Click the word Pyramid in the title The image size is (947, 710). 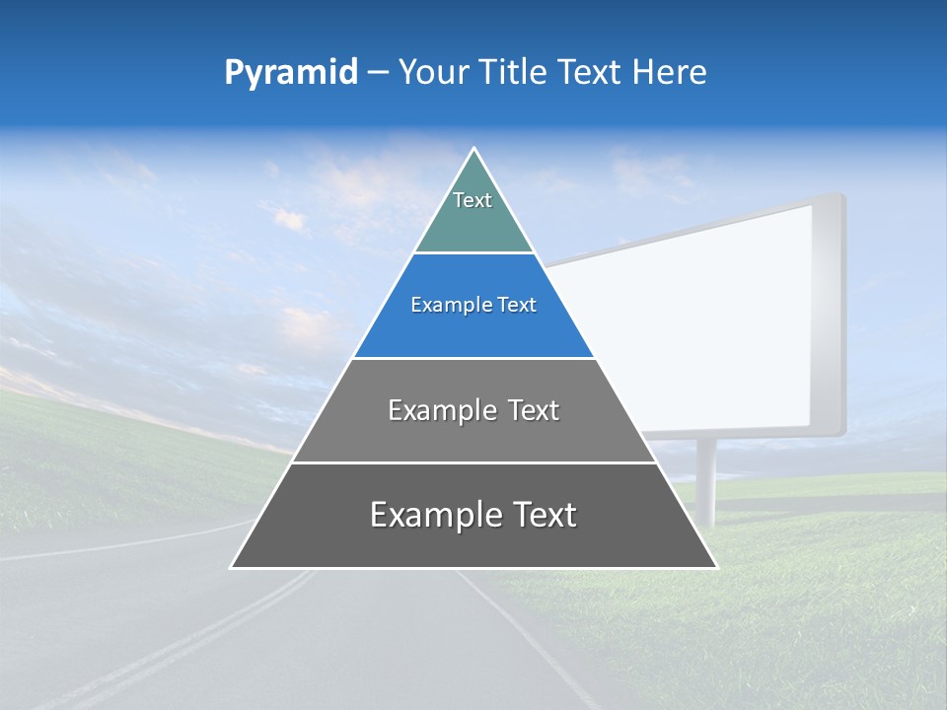(x=291, y=73)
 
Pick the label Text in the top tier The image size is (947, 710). (x=473, y=200)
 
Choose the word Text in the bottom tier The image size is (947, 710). (x=540, y=515)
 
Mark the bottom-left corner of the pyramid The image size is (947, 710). (x=232, y=567)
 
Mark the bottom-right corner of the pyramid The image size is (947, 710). (x=715, y=567)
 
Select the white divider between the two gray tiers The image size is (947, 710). (x=473, y=462)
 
